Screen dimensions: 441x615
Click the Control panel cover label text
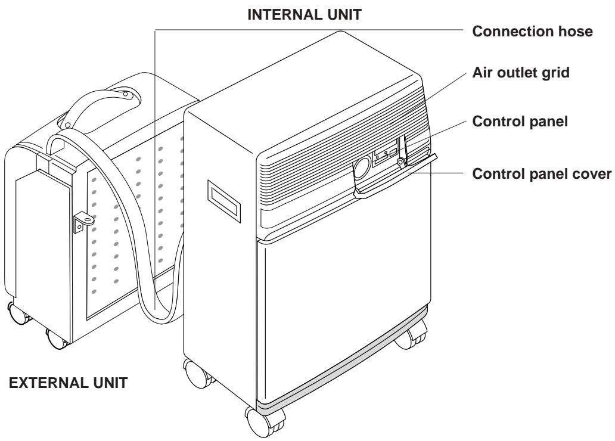point(543,173)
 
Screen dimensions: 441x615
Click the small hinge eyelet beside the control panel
point(402,161)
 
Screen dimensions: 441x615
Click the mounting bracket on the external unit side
point(83,223)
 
